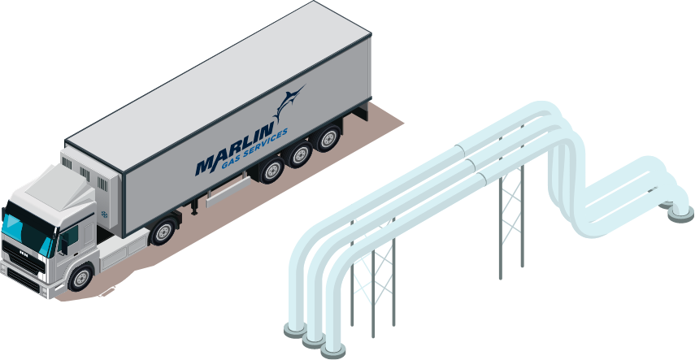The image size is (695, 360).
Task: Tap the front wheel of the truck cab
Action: [x=81, y=278]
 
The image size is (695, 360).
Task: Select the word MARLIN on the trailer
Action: [x=234, y=150]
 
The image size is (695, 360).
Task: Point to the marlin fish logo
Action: [x=288, y=102]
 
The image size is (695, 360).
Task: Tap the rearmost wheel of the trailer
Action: [x=328, y=139]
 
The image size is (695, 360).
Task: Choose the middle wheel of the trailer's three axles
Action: [x=299, y=154]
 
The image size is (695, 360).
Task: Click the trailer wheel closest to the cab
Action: [x=271, y=169]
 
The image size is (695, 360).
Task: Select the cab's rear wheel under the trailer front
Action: [x=163, y=231]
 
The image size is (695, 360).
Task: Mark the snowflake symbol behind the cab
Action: [x=105, y=215]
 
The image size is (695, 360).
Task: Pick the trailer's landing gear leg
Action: [x=194, y=206]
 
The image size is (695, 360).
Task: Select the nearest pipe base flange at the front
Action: [x=333, y=351]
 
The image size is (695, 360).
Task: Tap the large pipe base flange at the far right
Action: [x=681, y=215]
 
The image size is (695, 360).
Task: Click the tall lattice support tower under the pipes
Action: [x=511, y=222]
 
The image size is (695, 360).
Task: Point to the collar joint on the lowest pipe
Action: [x=481, y=179]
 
